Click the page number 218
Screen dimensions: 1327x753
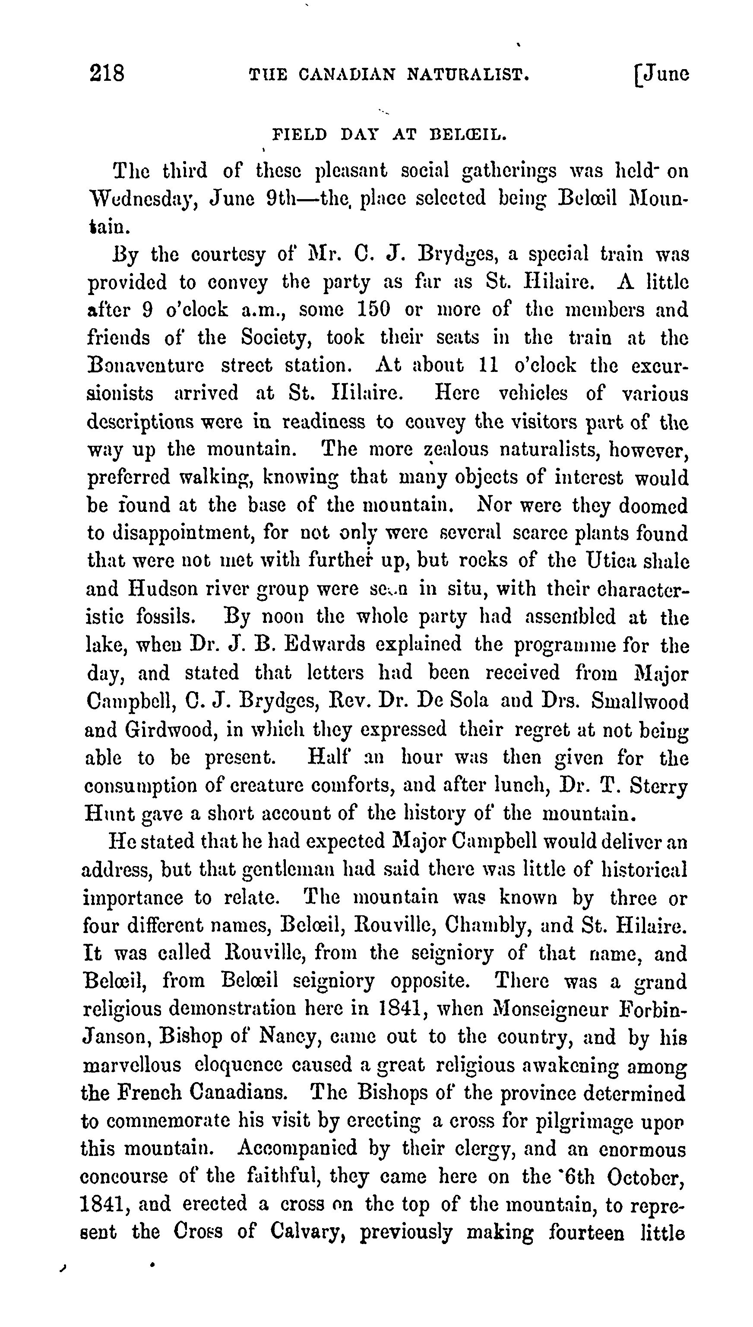pyautogui.click(x=107, y=73)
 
